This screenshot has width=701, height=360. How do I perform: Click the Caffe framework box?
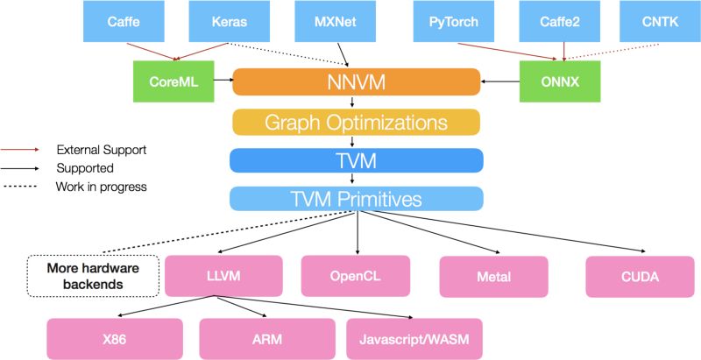coord(124,21)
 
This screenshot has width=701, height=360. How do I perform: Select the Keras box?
coord(230,21)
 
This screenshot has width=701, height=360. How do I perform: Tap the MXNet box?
coord(336,21)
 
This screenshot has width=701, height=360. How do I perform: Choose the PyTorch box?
coord(454,21)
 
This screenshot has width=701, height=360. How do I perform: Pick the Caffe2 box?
coord(560,21)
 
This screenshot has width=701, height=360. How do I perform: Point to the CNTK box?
coord(660,21)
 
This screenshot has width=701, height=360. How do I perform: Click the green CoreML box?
coord(173,81)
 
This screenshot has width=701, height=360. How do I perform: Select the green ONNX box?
coord(560,81)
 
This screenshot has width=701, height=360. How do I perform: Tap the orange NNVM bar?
coord(357,81)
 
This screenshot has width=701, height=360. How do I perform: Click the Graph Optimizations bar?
coord(357,122)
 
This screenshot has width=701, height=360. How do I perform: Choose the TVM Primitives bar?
coord(357,199)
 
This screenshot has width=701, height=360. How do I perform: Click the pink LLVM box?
coord(223,276)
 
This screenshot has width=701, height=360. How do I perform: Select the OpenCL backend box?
coord(356,276)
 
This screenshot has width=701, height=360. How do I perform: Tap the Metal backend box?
coord(494,277)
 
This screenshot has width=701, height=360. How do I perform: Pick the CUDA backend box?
coord(641,277)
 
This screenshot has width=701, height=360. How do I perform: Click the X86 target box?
coord(115,339)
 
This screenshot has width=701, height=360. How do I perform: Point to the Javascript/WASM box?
coord(414,339)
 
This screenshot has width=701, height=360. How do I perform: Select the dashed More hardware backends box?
coord(93,276)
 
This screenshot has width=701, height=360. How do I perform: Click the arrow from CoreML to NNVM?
coord(224,81)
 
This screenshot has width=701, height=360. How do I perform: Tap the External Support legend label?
coord(102,150)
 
